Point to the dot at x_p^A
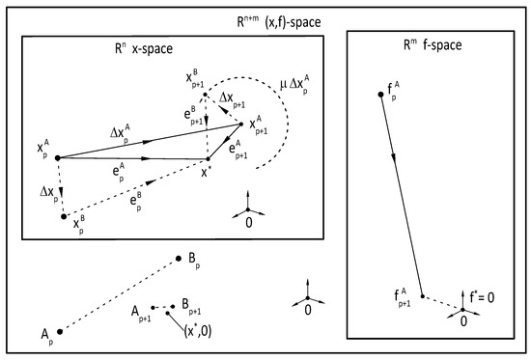[58, 157]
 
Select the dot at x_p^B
[65, 217]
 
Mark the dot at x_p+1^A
[241, 123]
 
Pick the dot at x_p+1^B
[206, 94]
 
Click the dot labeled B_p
[179, 258]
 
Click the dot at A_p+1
[153, 307]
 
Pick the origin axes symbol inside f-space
[462, 309]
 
